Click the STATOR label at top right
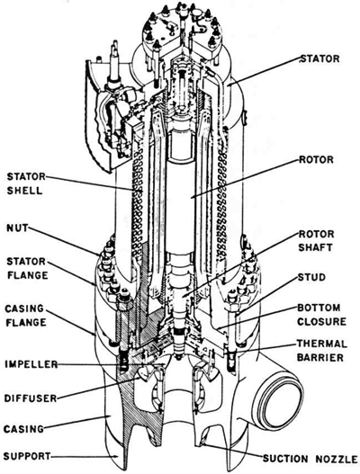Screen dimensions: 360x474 319,58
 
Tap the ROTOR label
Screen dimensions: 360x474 316,159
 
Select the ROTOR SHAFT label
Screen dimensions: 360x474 316,241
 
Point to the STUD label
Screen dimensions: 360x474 311,277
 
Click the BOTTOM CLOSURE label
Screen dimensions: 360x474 321,315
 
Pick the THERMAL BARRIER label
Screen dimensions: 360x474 321,351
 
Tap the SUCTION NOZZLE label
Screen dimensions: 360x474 310,459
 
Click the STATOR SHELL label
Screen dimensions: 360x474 26,183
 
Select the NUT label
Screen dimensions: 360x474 17,228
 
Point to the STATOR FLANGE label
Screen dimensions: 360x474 27,268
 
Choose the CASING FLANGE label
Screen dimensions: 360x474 25,316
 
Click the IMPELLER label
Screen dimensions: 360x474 31,364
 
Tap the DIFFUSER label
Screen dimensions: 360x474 31,398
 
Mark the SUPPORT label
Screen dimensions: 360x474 27,456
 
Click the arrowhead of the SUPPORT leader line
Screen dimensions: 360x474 115,456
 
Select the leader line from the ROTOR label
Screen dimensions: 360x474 245,178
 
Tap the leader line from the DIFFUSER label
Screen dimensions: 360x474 99,388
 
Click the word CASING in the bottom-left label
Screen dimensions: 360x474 24,429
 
